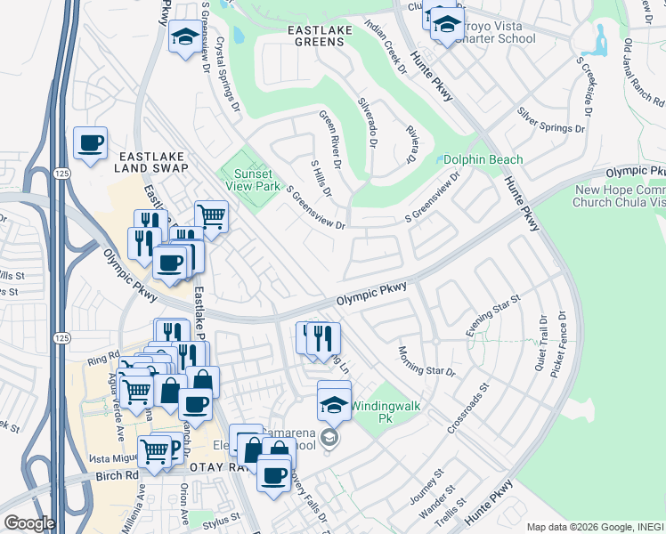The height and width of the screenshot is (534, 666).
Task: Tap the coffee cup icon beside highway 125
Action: pos(91,144)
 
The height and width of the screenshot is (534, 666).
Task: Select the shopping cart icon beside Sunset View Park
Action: pos(211,216)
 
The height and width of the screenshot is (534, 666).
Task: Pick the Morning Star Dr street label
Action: pos(426,360)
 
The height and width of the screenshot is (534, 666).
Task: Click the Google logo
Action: pos(29,522)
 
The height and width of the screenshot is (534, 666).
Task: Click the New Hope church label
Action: pos(620,196)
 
